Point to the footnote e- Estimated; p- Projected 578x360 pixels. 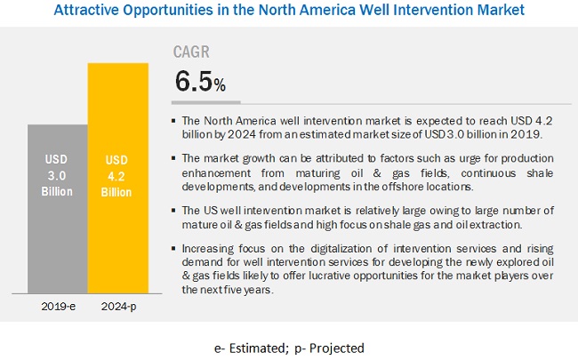pyautogui.click(x=289, y=347)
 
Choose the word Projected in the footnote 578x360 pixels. pyautogui.click(x=339, y=347)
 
